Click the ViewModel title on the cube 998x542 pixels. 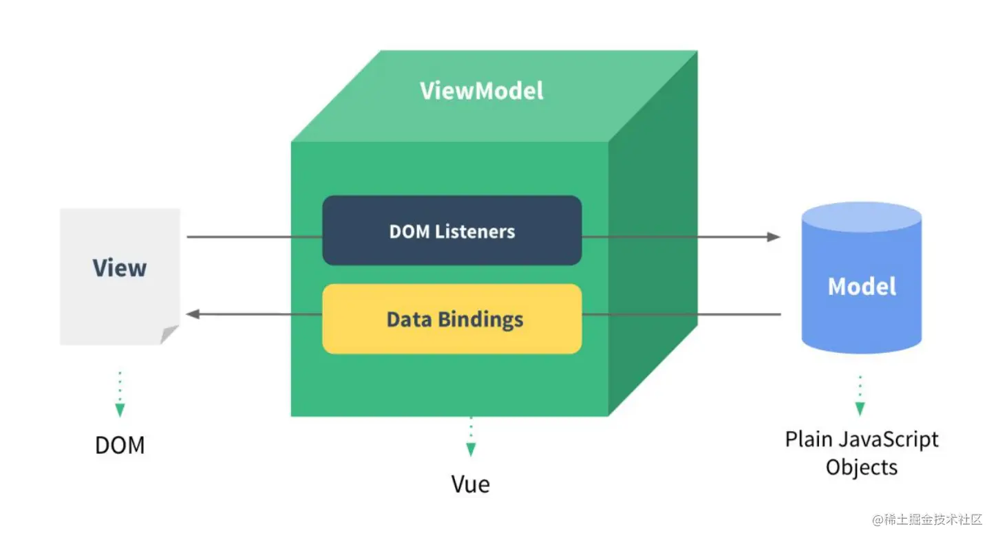click(x=482, y=91)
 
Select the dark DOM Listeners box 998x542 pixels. click(x=452, y=231)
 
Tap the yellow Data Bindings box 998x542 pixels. click(x=452, y=319)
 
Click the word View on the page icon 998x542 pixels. click(x=120, y=268)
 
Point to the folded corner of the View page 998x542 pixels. click(x=169, y=335)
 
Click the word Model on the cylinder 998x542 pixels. click(x=862, y=286)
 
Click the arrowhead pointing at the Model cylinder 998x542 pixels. click(x=774, y=237)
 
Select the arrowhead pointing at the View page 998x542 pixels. click(x=193, y=314)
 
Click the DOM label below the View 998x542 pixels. click(x=120, y=445)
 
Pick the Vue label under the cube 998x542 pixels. click(x=471, y=484)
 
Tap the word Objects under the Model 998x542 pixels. click(x=862, y=467)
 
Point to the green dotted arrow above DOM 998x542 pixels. click(x=120, y=395)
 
